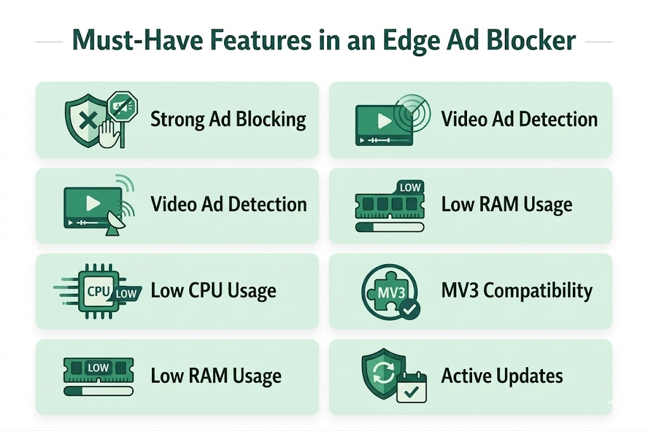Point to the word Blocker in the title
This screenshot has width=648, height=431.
tap(531, 40)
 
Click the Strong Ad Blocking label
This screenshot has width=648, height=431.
tap(228, 119)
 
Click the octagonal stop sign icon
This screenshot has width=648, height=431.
tap(121, 104)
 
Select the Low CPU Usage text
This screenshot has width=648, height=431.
tap(213, 291)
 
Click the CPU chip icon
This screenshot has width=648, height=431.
tap(99, 291)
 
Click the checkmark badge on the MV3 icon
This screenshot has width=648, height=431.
tap(408, 310)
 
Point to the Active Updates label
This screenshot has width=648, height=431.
tap(502, 377)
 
